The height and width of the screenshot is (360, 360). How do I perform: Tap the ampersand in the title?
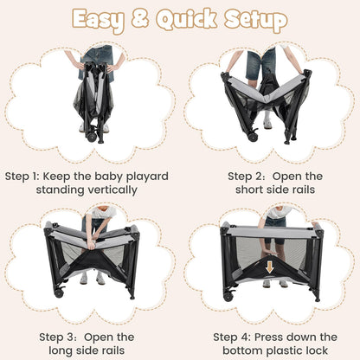tap(140, 18)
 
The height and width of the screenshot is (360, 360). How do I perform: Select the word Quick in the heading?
tap(187, 20)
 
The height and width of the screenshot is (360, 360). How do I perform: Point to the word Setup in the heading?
tap(256, 21)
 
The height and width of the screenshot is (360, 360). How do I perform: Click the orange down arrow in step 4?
tap(269, 267)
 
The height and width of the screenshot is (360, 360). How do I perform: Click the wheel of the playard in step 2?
tap(253, 137)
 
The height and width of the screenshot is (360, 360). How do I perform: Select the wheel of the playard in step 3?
tap(59, 293)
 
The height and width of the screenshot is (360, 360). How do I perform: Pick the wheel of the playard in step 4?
tap(228, 297)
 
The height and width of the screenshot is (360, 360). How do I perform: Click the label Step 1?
tap(22, 177)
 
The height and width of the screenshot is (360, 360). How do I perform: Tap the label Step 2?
tap(247, 177)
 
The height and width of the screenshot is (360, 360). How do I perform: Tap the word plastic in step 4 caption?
tap(284, 350)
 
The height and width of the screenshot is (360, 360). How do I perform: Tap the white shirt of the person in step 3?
tap(102, 213)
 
